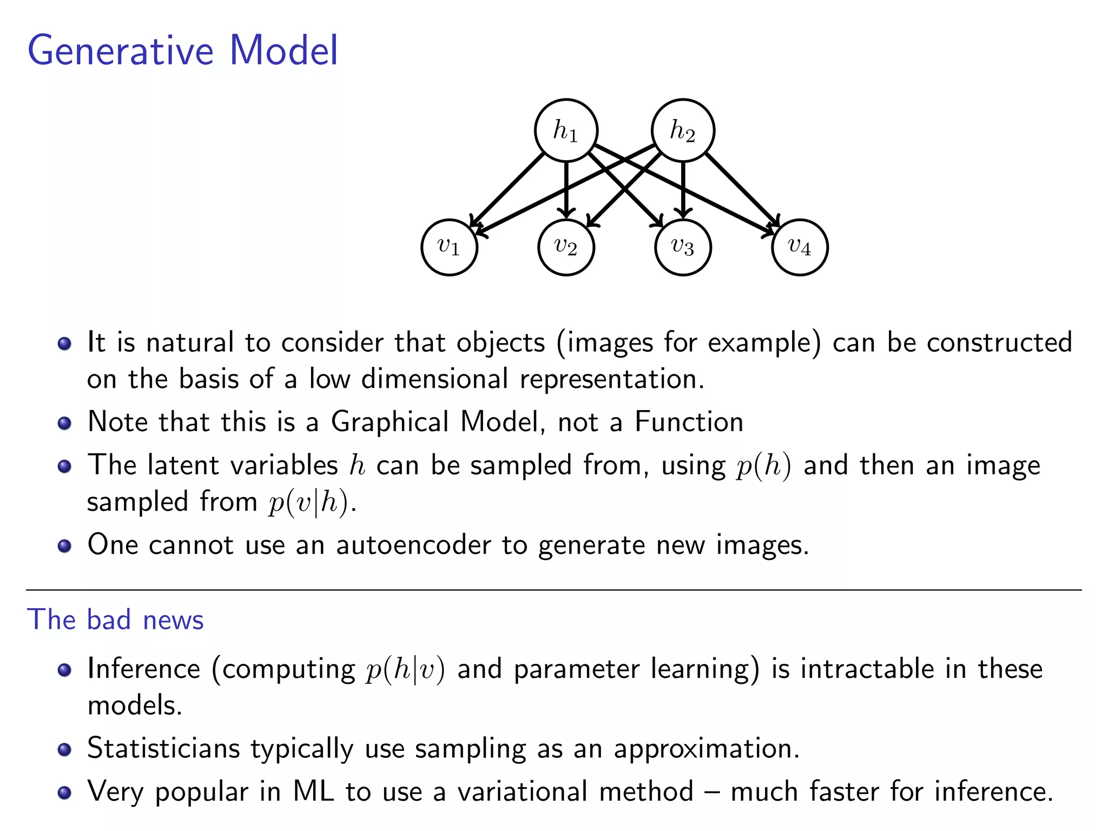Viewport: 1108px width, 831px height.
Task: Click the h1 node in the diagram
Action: click(x=566, y=130)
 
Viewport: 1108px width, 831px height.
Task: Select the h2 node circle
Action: click(x=683, y=130)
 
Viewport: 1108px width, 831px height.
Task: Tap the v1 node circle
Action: click(x=449, y=247)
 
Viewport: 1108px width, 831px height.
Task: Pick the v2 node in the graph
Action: click(x=566, y=247)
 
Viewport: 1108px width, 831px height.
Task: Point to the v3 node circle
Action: click(x=683, y=247)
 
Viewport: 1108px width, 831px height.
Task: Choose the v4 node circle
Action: click(x=800, y=247)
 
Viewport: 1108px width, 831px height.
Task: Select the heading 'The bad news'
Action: click(x=115, y=619)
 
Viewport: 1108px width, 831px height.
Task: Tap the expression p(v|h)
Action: click(x=308, y=503)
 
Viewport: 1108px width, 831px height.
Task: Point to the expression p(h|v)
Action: click(x=405, y=670)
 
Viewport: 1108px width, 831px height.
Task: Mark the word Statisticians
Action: click(x=163, y=749)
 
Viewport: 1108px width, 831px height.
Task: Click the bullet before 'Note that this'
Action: click(x=64, y=423)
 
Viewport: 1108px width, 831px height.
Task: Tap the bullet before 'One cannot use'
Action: click(x=64, y=545)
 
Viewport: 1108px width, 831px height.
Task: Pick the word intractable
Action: click(x=867, y=669)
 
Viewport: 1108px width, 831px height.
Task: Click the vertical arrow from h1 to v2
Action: click(x=566, y=189)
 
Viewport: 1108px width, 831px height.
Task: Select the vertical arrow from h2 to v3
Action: click(x=683, y=189)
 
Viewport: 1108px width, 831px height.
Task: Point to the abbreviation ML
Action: click(x=313, y=792)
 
